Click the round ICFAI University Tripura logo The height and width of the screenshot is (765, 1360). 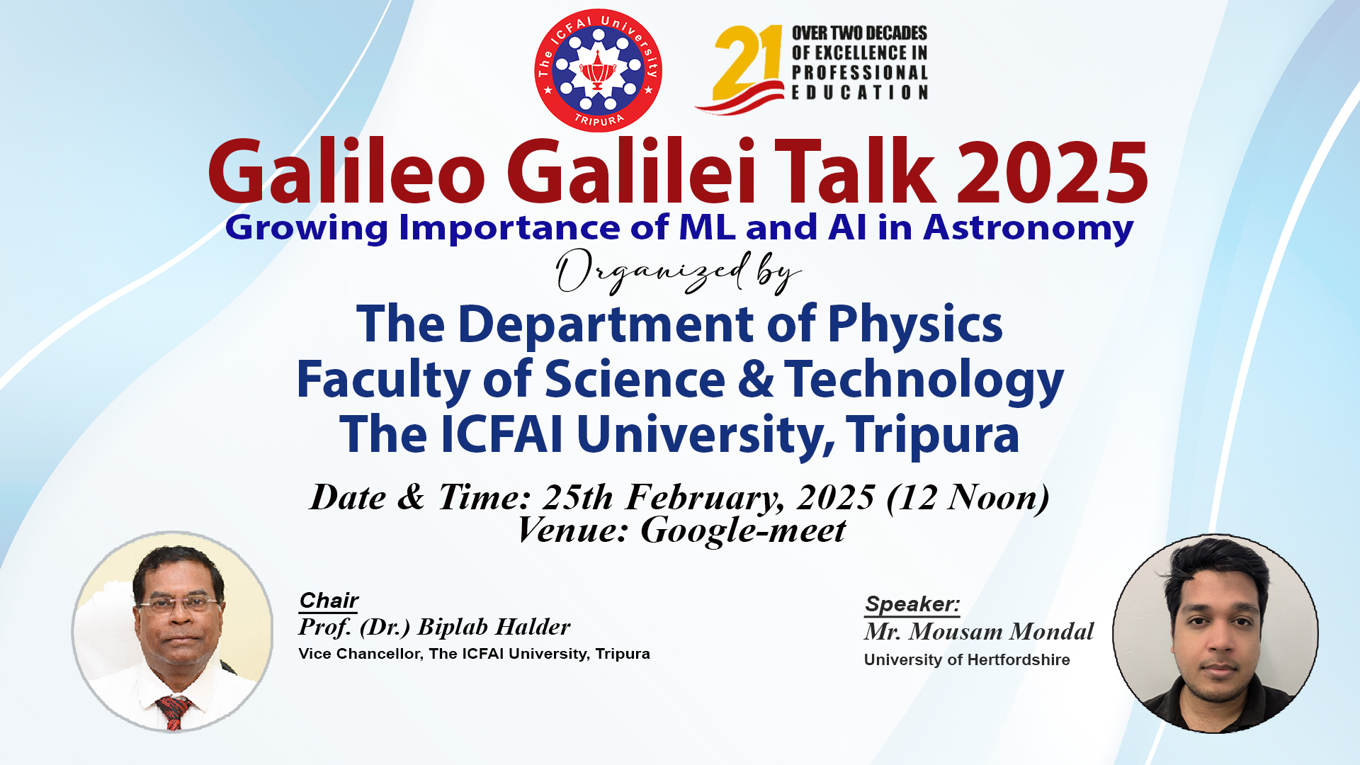click(598, 70)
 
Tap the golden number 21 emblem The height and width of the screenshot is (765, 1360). click(740, 69)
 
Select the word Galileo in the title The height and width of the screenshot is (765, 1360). click(346, 171)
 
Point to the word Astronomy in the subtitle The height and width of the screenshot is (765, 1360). click(1028, 228)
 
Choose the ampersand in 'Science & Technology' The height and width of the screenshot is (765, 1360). click(756, 379)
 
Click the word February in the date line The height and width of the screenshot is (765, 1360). click(705, 498)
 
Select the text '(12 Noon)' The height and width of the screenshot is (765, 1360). click(968, 497)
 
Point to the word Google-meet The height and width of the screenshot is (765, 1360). click(743, 531)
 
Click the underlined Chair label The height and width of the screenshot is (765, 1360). click(329, 601)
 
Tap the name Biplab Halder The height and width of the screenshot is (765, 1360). click(494, 627)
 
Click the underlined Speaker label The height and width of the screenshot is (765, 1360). click(912, 604)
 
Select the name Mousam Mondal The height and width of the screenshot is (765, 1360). click(1002, 631)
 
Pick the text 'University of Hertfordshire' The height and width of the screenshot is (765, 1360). click(967, 660)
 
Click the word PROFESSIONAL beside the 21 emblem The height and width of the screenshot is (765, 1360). click(860, 73)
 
